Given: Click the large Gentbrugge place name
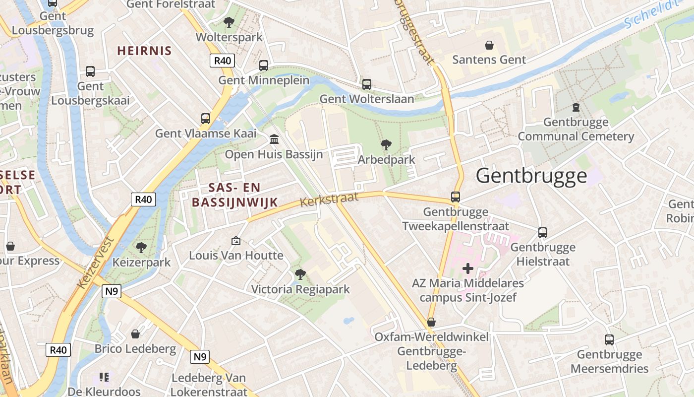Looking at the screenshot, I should point(531,176).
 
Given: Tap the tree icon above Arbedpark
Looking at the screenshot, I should point(386,145).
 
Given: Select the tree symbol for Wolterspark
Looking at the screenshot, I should point(229,22).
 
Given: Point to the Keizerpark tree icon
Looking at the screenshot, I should point(141,247).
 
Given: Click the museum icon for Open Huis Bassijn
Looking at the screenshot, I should point(274,139).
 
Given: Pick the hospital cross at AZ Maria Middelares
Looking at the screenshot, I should point(467,268).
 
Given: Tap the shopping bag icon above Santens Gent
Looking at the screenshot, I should point(489,45).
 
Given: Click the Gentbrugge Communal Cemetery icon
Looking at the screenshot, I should point(576,107).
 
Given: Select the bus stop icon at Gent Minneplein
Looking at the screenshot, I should point(264,65).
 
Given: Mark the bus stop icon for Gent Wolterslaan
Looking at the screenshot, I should point(366,84).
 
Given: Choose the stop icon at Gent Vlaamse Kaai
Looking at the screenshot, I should point(206,118).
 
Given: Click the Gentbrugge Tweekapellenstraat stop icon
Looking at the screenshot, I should point(455,197).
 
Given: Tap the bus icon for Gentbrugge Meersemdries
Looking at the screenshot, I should point(609,339).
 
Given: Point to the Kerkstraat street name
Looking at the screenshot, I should point(329,199).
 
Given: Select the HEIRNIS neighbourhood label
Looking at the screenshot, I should point(144,51).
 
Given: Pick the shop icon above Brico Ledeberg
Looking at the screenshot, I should point(135,333).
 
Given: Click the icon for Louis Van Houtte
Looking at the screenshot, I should point(236,241).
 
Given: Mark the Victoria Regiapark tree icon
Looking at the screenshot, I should point(300,274).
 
